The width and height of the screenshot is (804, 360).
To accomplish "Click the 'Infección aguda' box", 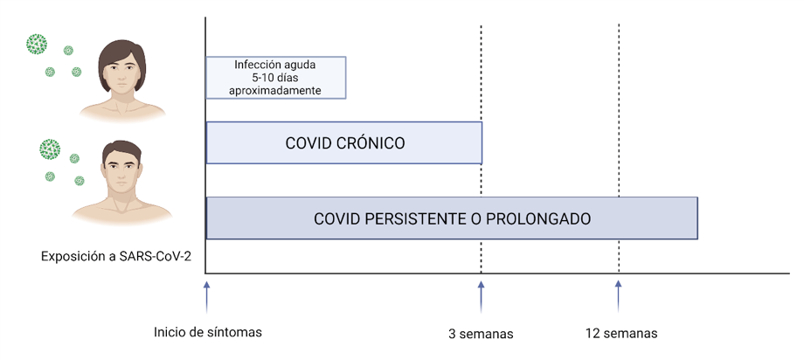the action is (x=276, y=78).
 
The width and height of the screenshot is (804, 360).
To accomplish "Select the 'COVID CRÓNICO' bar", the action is (x=344, y=143).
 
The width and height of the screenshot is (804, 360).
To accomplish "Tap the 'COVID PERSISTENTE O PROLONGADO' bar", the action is (x=452, y=218).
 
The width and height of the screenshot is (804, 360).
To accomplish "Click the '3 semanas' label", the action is (x=481, y=335).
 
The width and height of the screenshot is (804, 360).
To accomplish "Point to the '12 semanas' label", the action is (x=621, y=333).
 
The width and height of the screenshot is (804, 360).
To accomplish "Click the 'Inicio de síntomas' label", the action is (x=208, y=332).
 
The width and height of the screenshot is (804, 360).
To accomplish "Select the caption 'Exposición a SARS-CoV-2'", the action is (x=116, y=256).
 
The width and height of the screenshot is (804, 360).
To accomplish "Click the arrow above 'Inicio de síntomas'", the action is (x=206, y=297).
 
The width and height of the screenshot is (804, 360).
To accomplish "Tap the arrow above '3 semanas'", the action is (x=481, y=297).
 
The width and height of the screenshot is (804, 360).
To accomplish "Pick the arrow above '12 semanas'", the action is (x=619, y=297).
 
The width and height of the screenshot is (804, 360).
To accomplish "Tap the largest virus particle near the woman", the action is (x=37, y=43).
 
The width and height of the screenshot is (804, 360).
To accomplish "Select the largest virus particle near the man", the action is (x=50, y=149).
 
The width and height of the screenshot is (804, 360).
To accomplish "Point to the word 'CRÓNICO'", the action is (x=371, y=143).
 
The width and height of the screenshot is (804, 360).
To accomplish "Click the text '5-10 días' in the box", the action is (x=275, y=78).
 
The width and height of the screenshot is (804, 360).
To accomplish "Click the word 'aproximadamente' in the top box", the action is (x=275, y=90).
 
